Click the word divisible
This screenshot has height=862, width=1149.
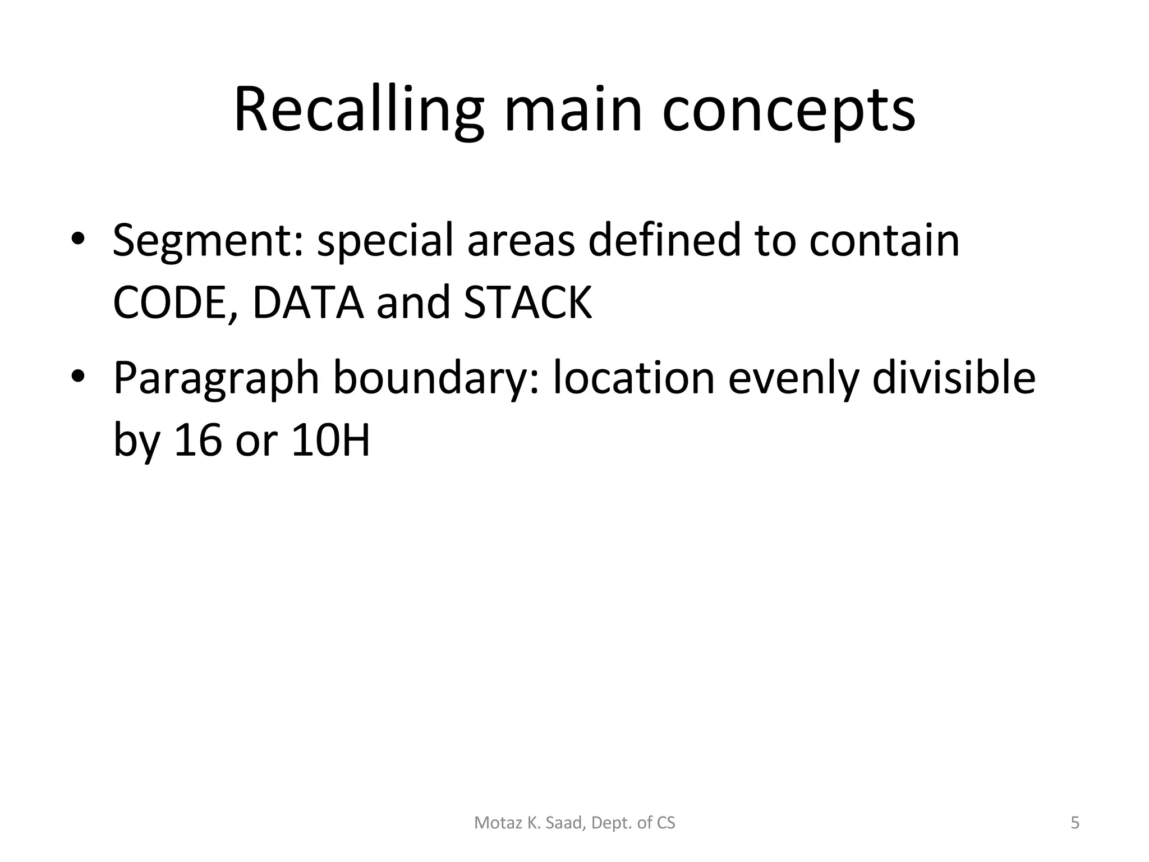tap(954, 378)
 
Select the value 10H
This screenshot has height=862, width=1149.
tap(331, 440)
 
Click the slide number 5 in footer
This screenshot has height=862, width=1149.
tap(1074, 823)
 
